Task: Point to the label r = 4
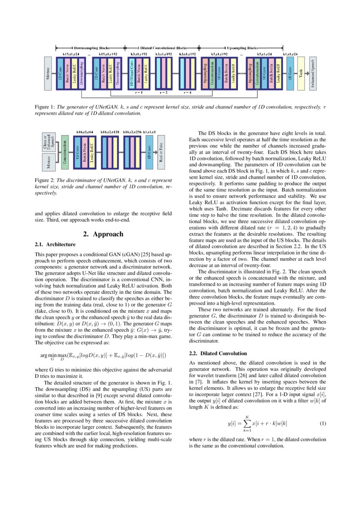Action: [188, 93]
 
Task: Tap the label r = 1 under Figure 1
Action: [139, 93]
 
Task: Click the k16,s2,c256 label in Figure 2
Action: [131, 131]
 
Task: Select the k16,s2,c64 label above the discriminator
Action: [86, 131]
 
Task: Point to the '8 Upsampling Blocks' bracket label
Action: [241, 47]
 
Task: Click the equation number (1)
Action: [323, 423]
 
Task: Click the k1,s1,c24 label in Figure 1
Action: [290, 54]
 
